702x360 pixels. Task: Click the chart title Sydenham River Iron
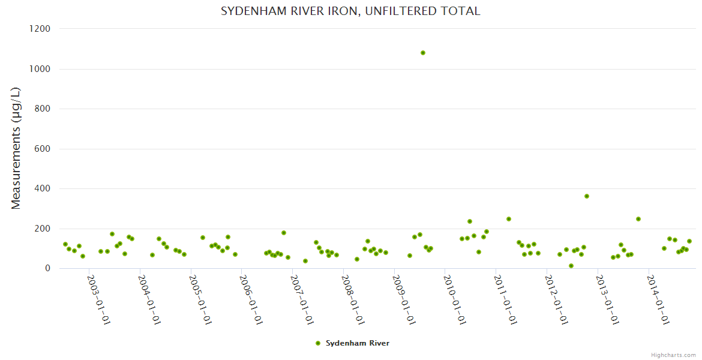point(350,11)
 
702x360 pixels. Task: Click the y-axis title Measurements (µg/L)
point(16,148)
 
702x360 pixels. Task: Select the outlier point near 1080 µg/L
point(423,53)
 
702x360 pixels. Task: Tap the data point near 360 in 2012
point(587,196)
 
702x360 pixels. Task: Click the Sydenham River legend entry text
point(358,343)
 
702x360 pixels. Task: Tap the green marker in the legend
point(318,343)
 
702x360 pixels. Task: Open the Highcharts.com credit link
point(673,355)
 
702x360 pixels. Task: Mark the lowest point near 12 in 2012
point(571,266)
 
